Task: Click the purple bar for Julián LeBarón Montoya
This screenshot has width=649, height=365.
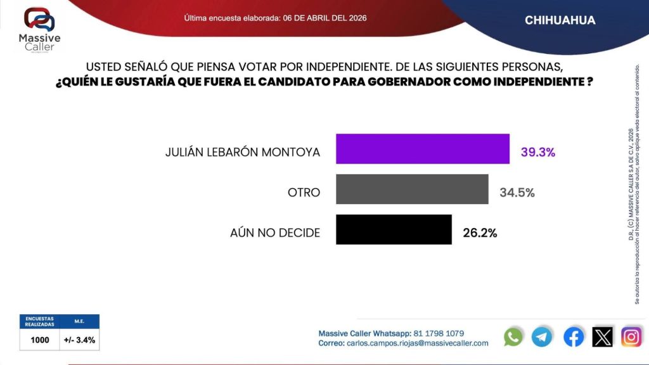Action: pyautogui.click(x=422, y=149)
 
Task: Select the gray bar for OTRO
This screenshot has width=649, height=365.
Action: pyautogui.click(x=412, y=189)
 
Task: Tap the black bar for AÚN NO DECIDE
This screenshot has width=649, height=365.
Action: pyautogui.click(x=394, y=229)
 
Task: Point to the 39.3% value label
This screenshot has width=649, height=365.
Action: pyautogui.click(x=537, y=152)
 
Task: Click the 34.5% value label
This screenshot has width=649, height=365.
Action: pyautogui.click(x=517, y=192)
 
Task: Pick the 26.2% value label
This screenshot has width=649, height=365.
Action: pyautogui.click(x=480, y=233)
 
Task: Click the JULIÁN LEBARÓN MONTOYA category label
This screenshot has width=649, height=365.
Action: pyautogui.click(x=243, y=152)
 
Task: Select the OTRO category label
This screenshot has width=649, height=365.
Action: pyautogui.click(x=304, y=192)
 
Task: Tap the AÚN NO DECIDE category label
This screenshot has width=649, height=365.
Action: pyautogui.click(x=275, y=233)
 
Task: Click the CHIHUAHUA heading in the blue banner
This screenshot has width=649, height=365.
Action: pyautogui.click(x=560, y=20)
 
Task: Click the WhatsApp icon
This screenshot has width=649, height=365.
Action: pyautogui.click(x=513, y=336)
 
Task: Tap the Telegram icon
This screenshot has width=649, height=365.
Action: pyautogui.click(x=542, y=336)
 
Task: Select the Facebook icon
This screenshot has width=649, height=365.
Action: pyautogui.click(x=574, y=336)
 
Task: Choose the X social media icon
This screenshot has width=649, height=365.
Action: pyautogui.click(x=603, y=336)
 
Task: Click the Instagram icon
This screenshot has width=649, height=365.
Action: pyautogui.click(x=631, y=336)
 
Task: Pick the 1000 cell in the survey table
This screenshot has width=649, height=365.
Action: pyautogui.click(x=40, y=340)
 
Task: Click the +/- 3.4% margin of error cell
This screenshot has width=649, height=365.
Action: pyautogui.click(x=80, y=340)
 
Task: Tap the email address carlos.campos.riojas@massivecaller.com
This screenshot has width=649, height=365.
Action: pyautogui.click(x=417, y=343)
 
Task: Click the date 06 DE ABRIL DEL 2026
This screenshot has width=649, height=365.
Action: pyautogui.click(x=324, y=18)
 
